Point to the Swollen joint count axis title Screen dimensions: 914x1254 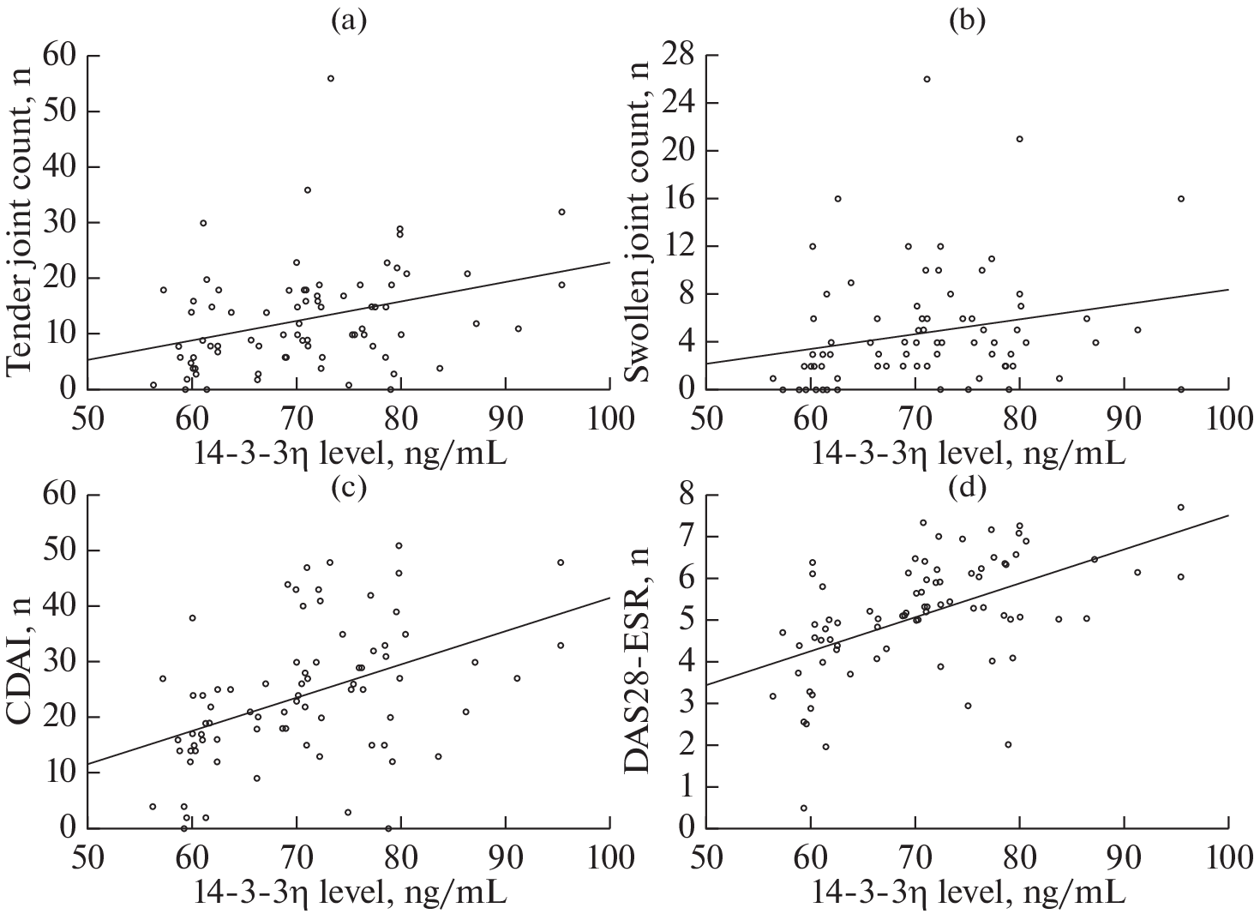coord(644,223)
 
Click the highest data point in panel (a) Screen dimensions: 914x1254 coord(330,78)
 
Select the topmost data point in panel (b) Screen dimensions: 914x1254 coord(927,79)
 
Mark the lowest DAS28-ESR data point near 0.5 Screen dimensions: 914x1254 coord(804,808)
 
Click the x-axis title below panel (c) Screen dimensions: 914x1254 coord(348,891)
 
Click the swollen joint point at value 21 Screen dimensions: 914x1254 coord(1019,139)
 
